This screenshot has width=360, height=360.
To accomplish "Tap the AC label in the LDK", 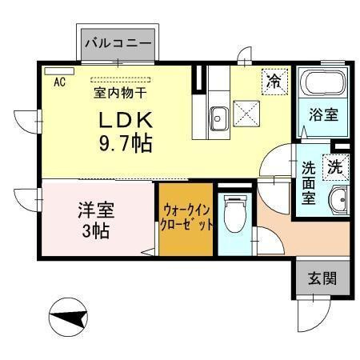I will coord(60,81).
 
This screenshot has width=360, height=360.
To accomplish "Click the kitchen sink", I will coord(218,119).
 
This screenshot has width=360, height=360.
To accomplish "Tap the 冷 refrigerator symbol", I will coord(274,81).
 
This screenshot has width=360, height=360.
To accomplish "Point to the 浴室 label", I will coord(322,114).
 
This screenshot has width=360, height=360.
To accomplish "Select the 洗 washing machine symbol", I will coord(336,168).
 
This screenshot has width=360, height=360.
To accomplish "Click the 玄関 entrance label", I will coord(322,279).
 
